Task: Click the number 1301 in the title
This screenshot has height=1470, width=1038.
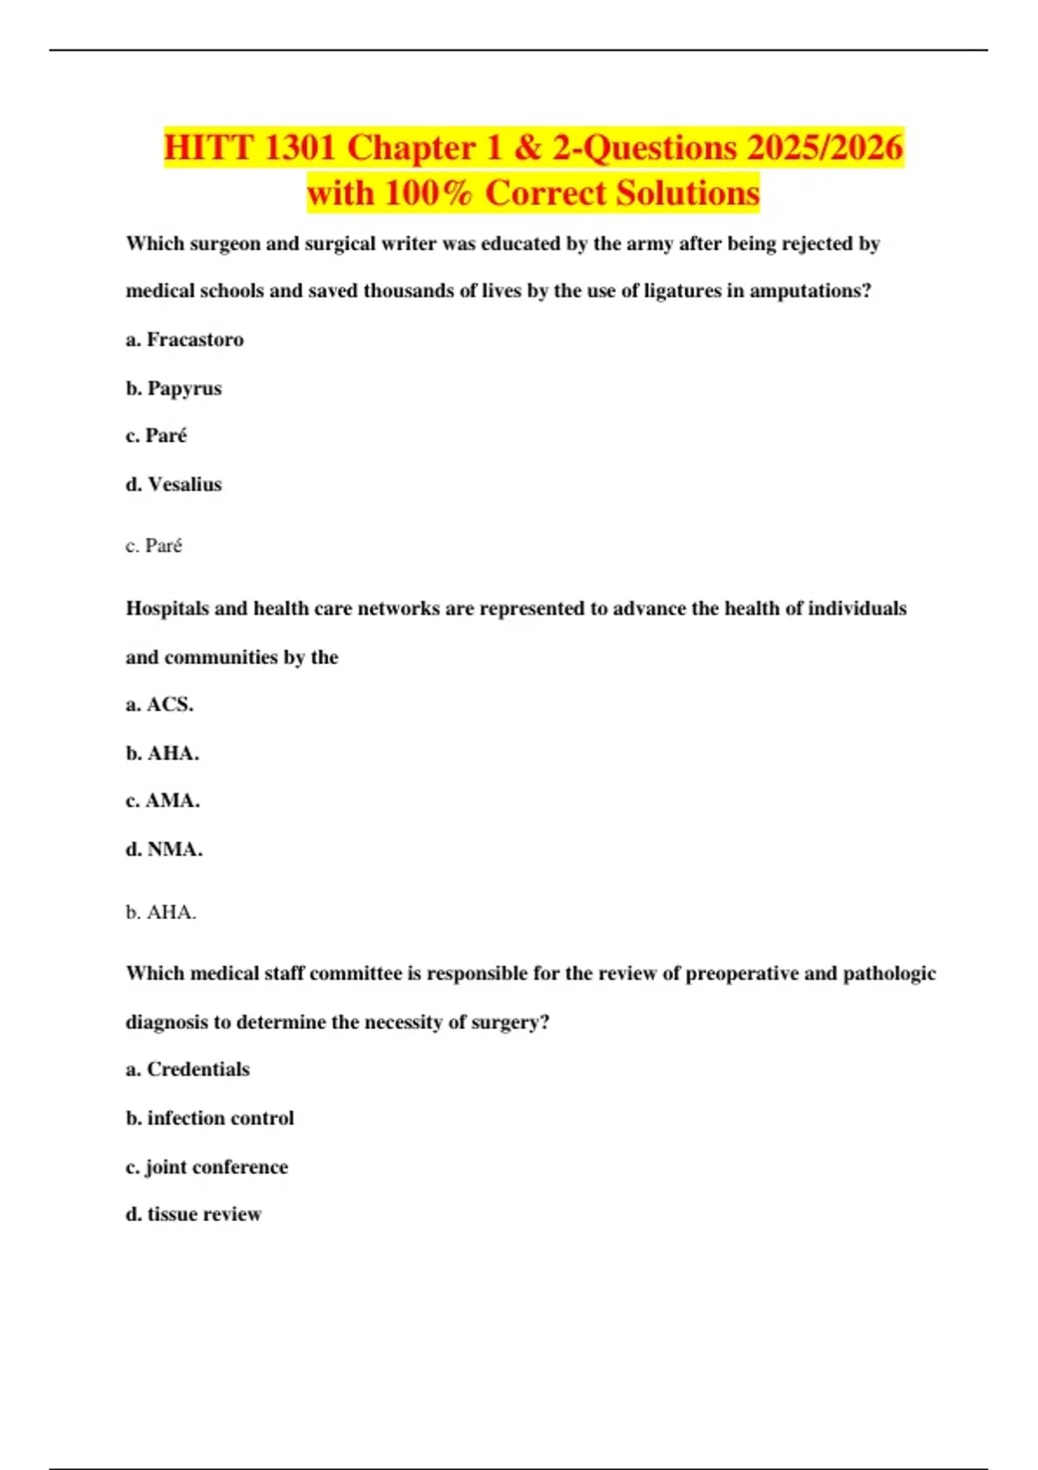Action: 299,148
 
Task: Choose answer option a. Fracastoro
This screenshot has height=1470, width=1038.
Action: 184,340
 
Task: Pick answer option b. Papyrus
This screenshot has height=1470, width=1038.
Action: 174,388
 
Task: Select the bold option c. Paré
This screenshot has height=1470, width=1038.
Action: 157,436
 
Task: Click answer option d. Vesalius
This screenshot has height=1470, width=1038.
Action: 174,484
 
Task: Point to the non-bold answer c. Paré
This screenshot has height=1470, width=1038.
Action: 154,546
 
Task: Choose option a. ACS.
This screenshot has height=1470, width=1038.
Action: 160,705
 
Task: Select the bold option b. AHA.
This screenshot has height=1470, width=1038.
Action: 163,753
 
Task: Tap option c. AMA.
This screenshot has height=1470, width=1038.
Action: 163,801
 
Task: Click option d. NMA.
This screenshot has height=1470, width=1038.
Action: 164,849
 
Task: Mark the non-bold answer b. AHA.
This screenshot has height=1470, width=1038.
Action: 161,912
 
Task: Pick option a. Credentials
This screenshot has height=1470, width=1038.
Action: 188,1070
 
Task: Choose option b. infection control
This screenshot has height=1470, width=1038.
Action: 210,1118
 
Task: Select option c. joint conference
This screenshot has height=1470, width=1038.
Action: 207,1166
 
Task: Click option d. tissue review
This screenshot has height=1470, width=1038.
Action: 194,1214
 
